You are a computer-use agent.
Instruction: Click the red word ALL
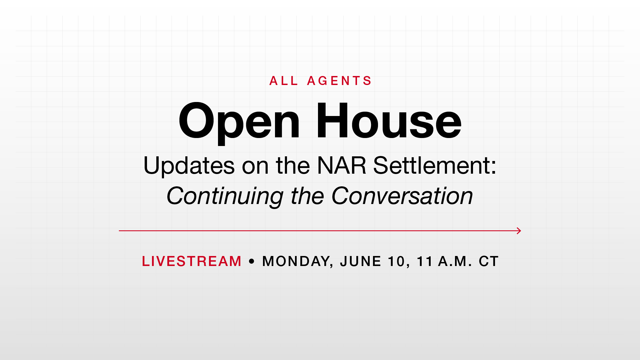284,81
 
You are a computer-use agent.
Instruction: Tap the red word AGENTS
339,81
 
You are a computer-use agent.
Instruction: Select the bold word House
389,121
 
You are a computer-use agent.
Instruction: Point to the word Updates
189,166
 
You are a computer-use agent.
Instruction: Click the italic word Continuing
225,196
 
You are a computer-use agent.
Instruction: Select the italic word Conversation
402,196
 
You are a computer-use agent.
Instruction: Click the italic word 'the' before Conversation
307,196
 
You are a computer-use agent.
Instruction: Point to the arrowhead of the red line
521,231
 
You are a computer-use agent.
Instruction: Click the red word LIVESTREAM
192,261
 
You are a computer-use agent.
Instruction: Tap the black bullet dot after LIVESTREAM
252,262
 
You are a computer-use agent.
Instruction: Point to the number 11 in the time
425,261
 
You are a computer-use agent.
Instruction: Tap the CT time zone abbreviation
489,261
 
